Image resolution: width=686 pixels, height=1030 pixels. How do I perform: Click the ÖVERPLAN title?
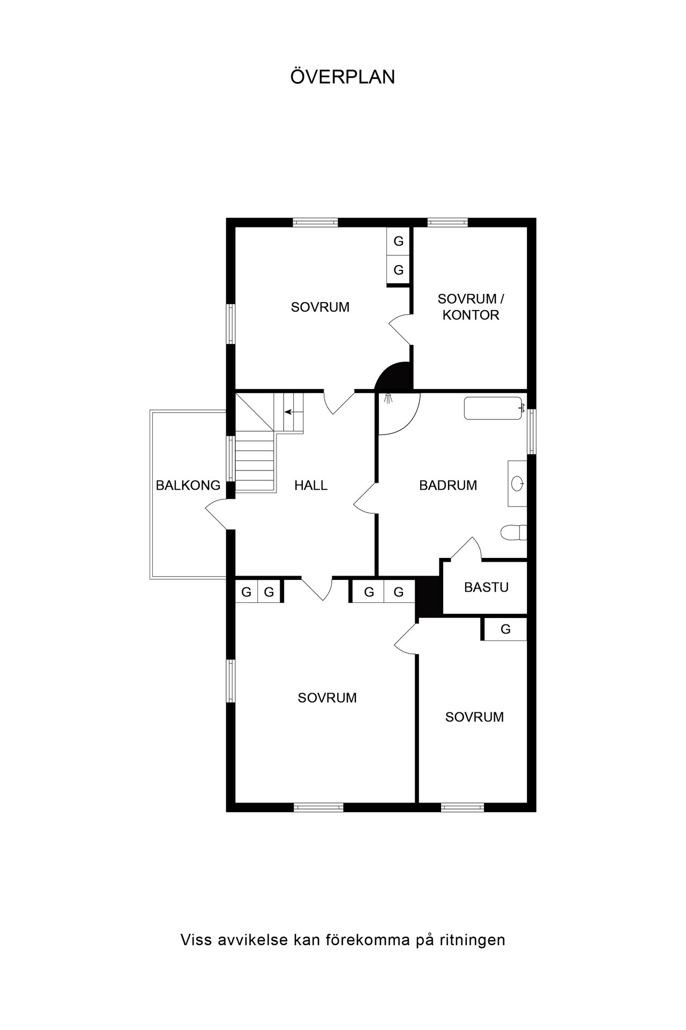pyautogui.click(x=343, y=77)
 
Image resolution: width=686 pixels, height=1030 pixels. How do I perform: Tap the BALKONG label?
pyautogui.click(x=188, y=485)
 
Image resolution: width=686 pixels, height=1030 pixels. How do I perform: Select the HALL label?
pyautogui.click(x=311, y=485)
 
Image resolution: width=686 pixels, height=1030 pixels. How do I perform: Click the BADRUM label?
pyautogui.click(x=448, y=485)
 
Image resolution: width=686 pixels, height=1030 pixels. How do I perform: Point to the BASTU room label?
pyautogui.click(x=486, y=587)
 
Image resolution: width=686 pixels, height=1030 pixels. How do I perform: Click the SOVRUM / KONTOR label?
pyautogui.click(x=471, y=307)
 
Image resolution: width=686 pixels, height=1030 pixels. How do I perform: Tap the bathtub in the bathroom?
pyautogui.click(x=493, y=408)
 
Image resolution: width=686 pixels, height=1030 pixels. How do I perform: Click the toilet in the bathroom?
pyautogui.click(x=514, y=533)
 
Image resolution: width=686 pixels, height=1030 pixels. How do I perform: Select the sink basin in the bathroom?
pyautogui.click(x=518, y=483)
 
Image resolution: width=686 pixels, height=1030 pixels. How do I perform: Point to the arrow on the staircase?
pyautogui.click(x=293, y=412)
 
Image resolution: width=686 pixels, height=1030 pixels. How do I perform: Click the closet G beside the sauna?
pyautogui.click(x=505, y=629)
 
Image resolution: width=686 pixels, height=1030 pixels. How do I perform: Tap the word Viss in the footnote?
pyautogui.click(x=195, y=940)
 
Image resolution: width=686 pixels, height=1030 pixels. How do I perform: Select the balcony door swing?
pyautogui.click(x=219, y=514)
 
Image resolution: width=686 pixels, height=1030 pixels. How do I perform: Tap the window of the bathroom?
pyautogui.click(x=532, y=432)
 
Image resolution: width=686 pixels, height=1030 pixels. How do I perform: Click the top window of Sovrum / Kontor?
pyautogui.click(x=448, y=223)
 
